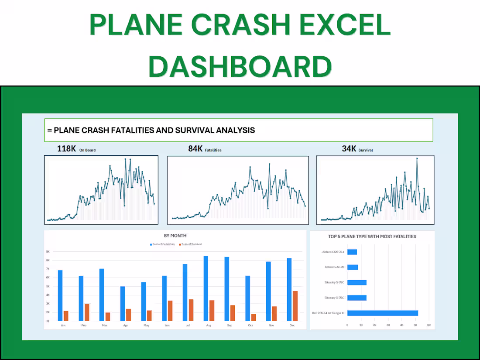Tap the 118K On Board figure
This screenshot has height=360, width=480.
point(76,149)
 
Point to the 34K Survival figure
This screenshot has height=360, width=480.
point(357,149)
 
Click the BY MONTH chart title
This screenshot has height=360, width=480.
point(175,236)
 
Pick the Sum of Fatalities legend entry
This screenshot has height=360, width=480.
point(162,244)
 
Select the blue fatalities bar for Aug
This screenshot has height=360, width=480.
point(206,288)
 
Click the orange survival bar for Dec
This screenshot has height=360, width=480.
point(295,305)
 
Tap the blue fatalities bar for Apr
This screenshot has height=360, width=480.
point(123,303)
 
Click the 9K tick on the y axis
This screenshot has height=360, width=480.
point(48,252)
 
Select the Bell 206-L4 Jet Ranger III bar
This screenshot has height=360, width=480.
point(382,313)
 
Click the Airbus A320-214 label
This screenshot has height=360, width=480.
point(334,252)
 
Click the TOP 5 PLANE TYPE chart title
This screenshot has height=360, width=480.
point(372,237)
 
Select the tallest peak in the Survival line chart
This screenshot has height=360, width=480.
point(417,158)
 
